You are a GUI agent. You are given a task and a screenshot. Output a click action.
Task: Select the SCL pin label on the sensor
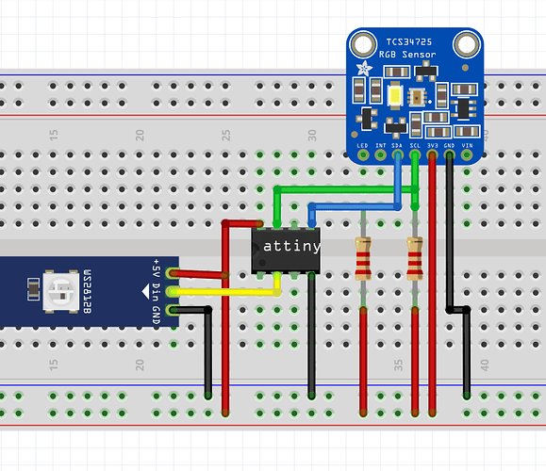[415, 145]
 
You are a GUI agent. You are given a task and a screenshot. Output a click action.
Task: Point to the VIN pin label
[467, 145]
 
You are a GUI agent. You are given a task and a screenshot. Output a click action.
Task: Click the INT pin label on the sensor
[381, 145]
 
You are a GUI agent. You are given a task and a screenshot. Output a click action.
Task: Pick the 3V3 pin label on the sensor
[432, 145]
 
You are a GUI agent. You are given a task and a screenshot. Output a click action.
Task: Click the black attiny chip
[286, 248]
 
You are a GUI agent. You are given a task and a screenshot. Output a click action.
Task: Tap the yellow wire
[226, 292]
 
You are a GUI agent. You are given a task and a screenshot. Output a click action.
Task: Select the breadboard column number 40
[484, 365]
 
